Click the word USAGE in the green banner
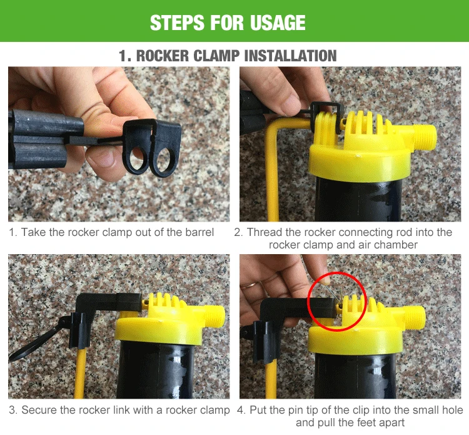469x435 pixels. point(277,23)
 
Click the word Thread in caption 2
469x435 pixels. point(265,232)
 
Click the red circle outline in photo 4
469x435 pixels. point(308,301)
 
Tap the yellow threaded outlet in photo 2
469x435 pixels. point(424,137)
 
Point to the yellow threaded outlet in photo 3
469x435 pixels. point(213,317)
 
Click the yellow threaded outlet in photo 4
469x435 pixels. point(413,317)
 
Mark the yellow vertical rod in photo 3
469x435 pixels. point(79,373)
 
